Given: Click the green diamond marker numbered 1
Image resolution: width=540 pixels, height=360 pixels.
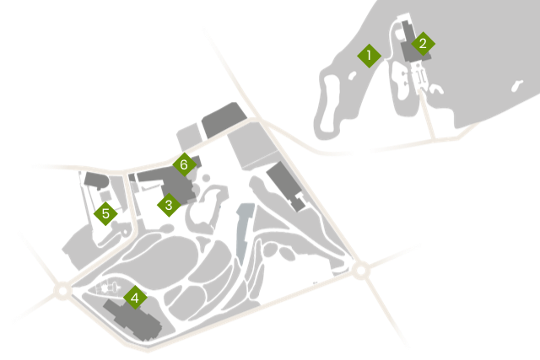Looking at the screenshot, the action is click(x=369, y=56).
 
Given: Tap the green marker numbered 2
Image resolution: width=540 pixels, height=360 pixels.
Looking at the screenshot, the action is click(x=423, y=44).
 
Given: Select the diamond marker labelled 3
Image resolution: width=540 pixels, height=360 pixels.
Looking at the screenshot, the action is click(x=169, y=205).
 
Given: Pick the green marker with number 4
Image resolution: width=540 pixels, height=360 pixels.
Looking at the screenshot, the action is click(x=135, y=298).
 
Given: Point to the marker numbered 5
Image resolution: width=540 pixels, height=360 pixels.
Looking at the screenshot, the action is click(x=105, y=214).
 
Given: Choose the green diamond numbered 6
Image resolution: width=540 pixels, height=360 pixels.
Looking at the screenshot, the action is click(x=184, y=164).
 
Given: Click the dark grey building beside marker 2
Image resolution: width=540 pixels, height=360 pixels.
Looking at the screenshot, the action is click(x=412, y=43).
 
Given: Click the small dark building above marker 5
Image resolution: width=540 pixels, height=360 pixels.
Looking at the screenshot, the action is click(x=96, y=180).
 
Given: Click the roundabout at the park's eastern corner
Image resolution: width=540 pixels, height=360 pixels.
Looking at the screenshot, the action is click(x=360, y=271).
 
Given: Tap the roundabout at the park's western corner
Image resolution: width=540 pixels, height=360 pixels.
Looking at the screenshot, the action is click(x=62, y=291).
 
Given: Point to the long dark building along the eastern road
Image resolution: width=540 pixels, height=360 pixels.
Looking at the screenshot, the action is click(x=287, y=186).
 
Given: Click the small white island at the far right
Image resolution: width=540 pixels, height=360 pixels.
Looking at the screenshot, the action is click(x=516, y=86).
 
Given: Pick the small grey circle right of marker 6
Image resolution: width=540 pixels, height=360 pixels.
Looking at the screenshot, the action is click(x=206, y=178).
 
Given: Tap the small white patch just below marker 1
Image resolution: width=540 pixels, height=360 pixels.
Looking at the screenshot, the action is click(x=353, y=76).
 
